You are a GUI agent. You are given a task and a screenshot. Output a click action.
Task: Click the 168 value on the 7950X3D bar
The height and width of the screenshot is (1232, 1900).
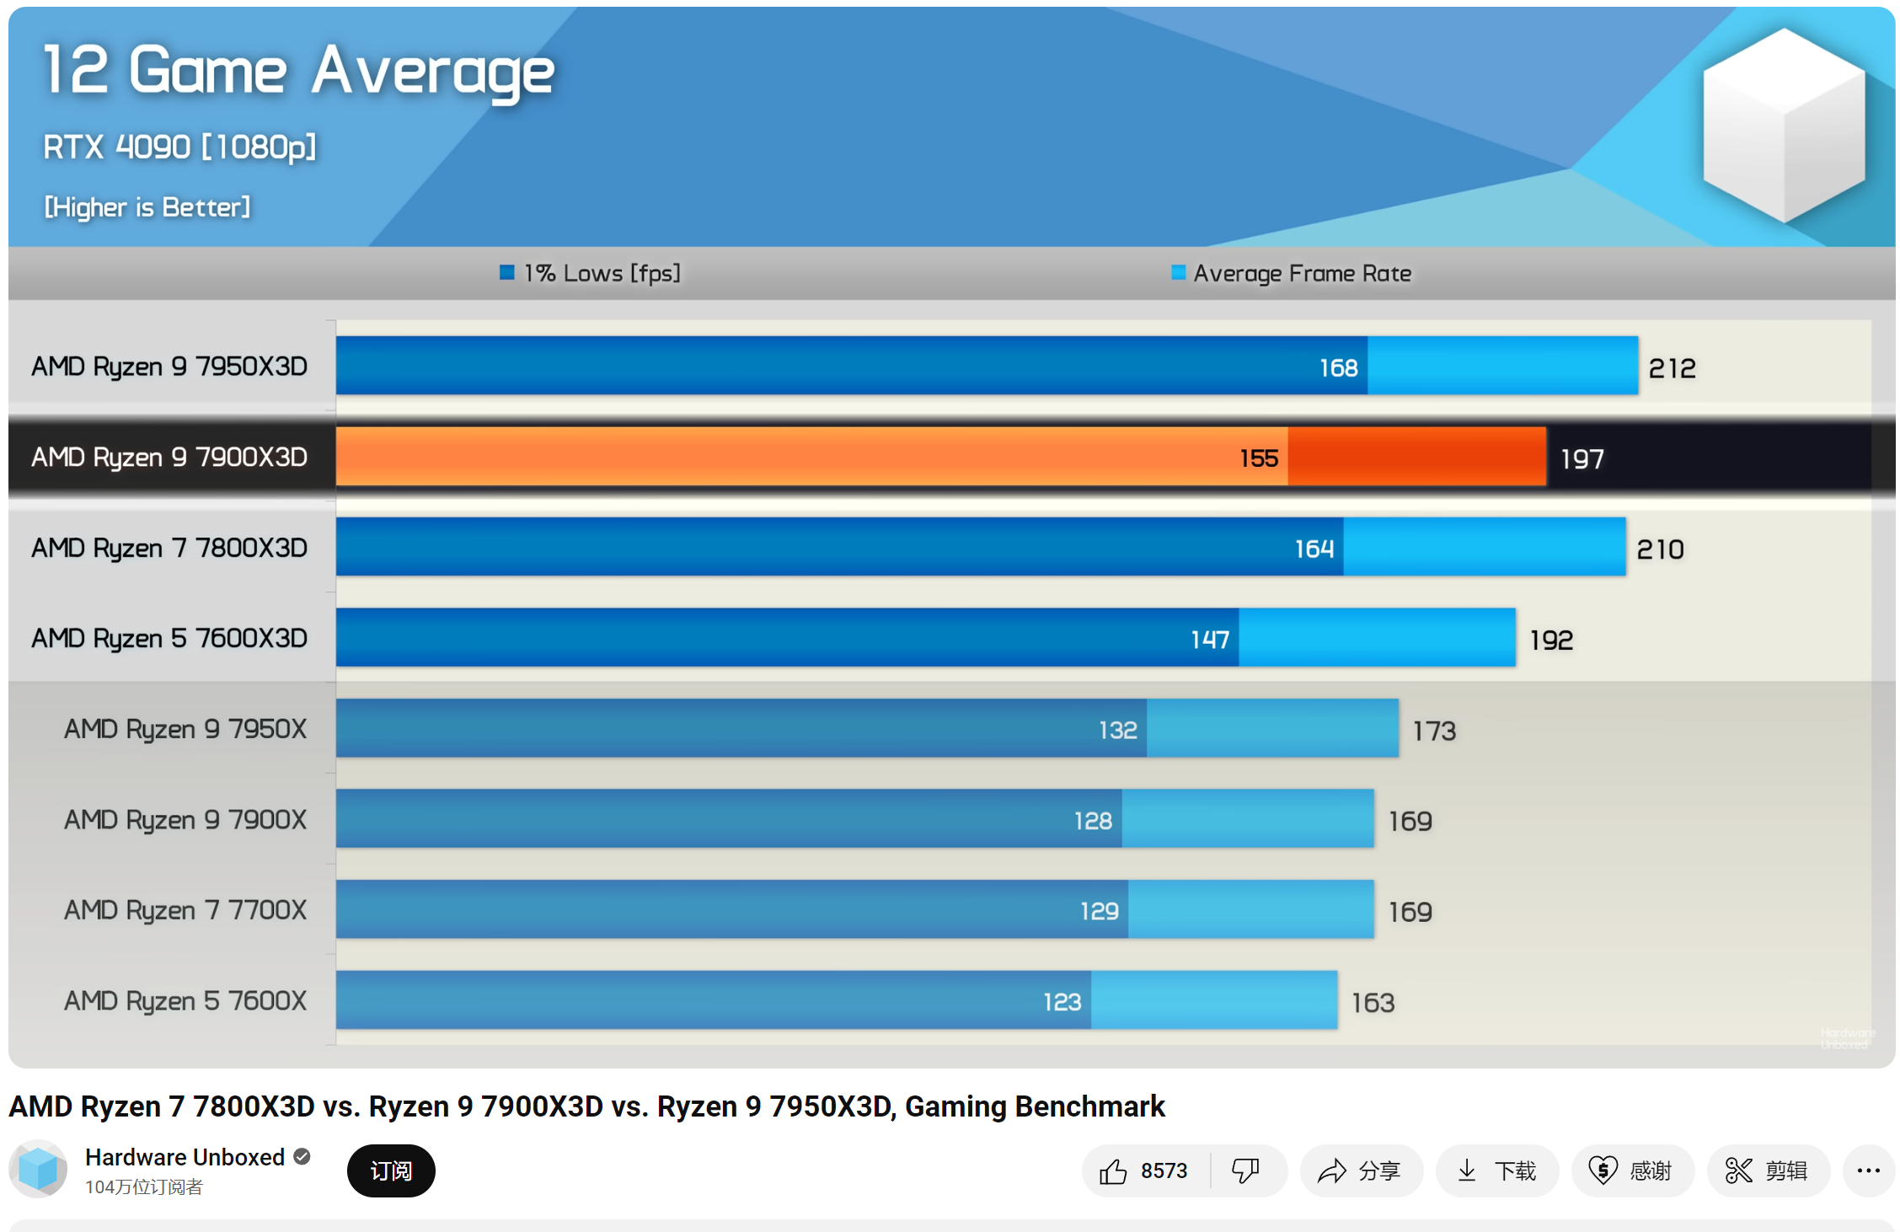click(1338, 368)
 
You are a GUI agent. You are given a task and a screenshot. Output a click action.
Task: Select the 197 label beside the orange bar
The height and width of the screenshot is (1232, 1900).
click(1582, 459)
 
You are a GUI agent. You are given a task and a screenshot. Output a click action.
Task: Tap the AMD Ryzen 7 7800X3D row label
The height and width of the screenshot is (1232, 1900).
click(169, 549)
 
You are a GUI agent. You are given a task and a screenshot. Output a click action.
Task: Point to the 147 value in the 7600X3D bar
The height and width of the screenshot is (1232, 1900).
click(1210, 640)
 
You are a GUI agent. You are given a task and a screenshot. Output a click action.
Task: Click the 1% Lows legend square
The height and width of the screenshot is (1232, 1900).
click(506, 272)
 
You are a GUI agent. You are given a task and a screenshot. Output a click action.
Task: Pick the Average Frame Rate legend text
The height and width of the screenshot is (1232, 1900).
click(1302, 274)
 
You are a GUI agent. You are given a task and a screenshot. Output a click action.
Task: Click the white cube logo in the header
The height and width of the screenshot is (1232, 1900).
click(1783, 125)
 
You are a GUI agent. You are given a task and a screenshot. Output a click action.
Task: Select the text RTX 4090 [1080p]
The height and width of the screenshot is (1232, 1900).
click(179, 147)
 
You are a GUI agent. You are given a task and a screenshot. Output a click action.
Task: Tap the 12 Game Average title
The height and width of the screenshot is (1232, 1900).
click(298, 72)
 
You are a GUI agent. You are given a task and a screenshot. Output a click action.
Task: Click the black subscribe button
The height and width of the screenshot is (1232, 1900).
click(391, 1170)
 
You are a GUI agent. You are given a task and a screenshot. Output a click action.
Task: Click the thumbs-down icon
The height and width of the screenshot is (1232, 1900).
click(1245, 1170)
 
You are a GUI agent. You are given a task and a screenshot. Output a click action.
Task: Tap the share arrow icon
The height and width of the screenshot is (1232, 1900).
click(1332, 1170)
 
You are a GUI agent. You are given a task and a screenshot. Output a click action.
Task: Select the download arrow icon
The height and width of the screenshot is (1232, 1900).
click(1467, 1170)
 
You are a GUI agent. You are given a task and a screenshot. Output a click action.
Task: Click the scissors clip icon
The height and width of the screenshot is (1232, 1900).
click(1738, 1170)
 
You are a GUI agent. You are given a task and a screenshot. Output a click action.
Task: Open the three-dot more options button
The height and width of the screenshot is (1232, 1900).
click(1868, 1170)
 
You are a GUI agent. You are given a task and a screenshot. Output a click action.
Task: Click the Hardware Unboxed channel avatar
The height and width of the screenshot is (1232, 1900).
click(39, 1170)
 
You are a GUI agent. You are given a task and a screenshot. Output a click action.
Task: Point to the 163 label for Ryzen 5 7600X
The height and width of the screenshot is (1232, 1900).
click(1373, 1003)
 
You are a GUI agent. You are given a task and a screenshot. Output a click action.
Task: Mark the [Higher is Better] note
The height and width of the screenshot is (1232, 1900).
click(147, 207)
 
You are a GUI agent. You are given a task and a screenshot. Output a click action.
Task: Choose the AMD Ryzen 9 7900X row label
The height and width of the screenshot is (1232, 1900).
click(185, 820)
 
